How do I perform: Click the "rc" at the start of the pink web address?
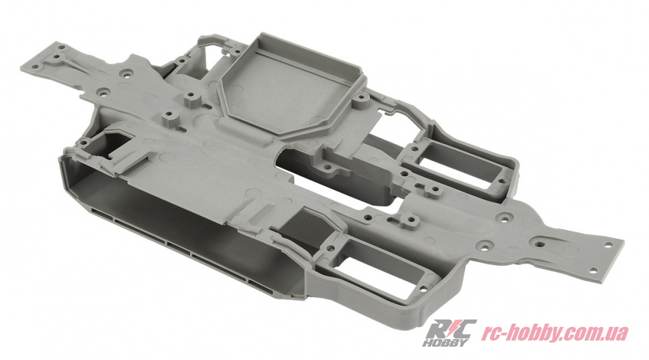click(x=489, y=333)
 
